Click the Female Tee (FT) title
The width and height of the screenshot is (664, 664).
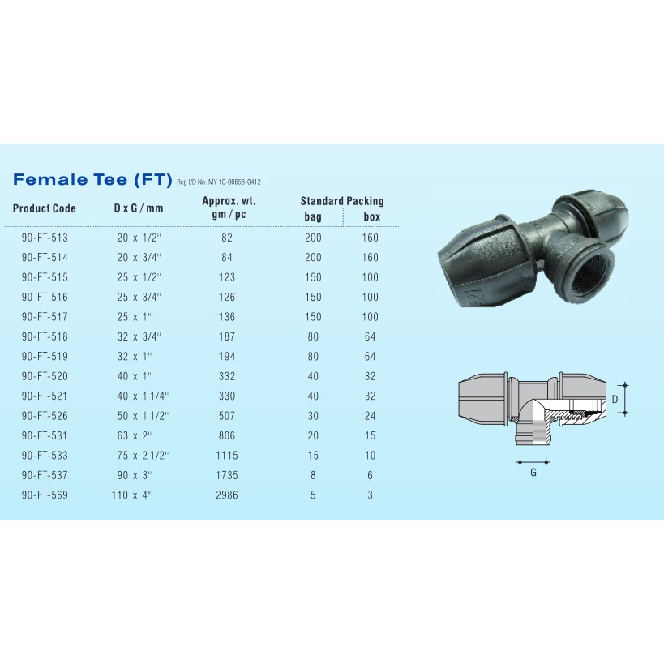[92, 179]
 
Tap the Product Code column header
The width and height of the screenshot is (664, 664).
[45, 208]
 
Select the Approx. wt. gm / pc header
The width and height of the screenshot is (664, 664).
[229, 208]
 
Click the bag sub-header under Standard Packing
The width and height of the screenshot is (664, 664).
[313, 216]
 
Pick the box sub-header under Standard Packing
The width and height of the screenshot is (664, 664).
[372, 216]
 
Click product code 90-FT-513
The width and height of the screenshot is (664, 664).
[45, 238]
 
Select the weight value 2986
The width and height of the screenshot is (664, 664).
[227, 495]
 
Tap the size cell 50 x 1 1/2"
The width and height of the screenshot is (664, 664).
[143, 416]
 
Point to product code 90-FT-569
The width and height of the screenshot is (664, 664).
[45, 495]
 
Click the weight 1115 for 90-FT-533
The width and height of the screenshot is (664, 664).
[227, 456]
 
